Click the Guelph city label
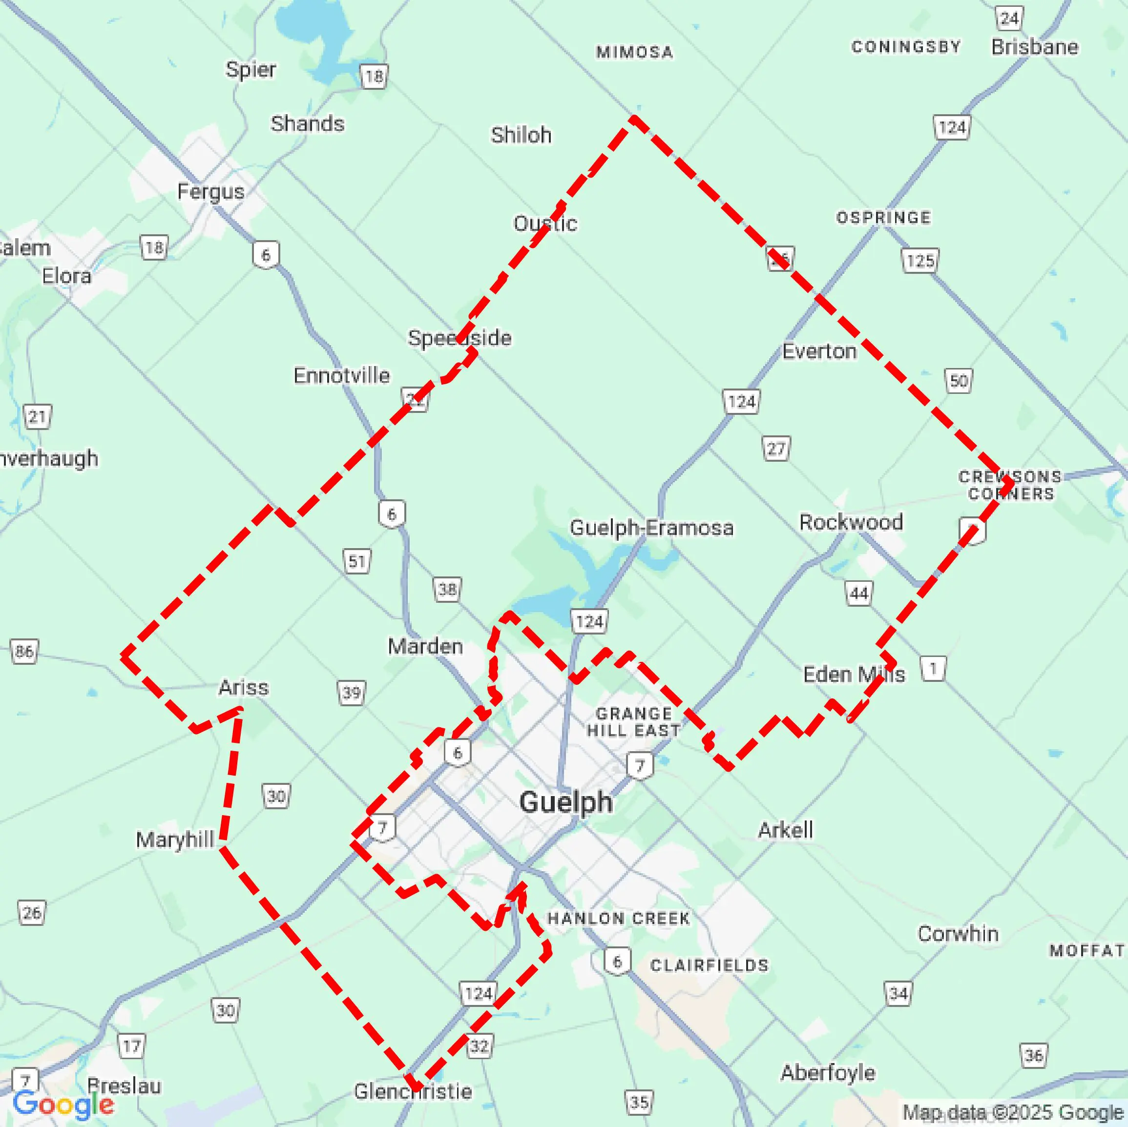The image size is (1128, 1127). pos(566,802)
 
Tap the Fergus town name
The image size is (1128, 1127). pos(211,191)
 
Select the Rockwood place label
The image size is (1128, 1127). pos(851,522)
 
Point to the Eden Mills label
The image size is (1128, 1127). pos(854,674)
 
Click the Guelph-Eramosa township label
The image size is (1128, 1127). pos(651,528)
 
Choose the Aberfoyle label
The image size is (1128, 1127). pos(827,1072)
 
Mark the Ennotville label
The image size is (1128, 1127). pos(341,375)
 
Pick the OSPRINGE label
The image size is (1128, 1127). pos(883,218)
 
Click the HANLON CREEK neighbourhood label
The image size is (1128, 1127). pos(619,919)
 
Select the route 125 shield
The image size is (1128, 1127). pos(920,260)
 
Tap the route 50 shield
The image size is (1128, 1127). pos(958,381)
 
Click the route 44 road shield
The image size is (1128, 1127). pos(859,594)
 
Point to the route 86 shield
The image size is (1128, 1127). pos(24,651)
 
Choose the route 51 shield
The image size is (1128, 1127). pos(357,561)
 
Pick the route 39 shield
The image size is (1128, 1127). pos(352,693)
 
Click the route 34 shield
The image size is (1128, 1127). pos(898,993)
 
